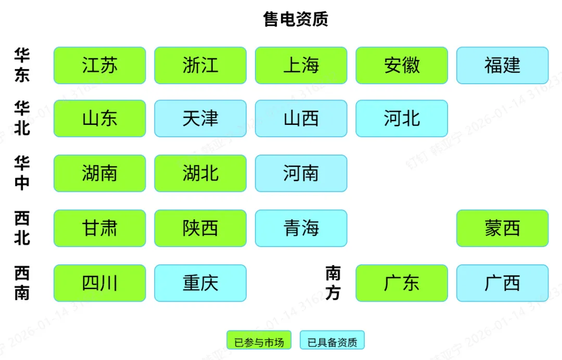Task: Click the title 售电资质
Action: (x=296, y=20)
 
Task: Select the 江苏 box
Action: (x=99, y=66)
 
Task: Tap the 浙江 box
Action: (x=200, y=66)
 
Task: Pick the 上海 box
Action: (x=301, y=66)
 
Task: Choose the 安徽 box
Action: (x=402, y=66)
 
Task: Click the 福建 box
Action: (x=502, y=66)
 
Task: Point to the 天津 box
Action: (x=200, y=119)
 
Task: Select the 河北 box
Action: (x=402, y=119)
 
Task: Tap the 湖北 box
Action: (x=200, y=173)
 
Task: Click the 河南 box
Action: (x=301, y=173)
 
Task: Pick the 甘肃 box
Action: (x=99, y=228)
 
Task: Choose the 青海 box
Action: (x=301, y=228)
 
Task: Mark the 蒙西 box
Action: (x=502, y=228)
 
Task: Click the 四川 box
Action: (x=99, y=283)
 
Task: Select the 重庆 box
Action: (x=200, y=283)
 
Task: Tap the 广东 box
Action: (x=402, y=283)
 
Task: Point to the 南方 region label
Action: (x=333, y=283)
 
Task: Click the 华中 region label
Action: (x=22, y=173)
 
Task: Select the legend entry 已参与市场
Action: (x=259, y=342)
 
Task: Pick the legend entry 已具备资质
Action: (x=332, y=342)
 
